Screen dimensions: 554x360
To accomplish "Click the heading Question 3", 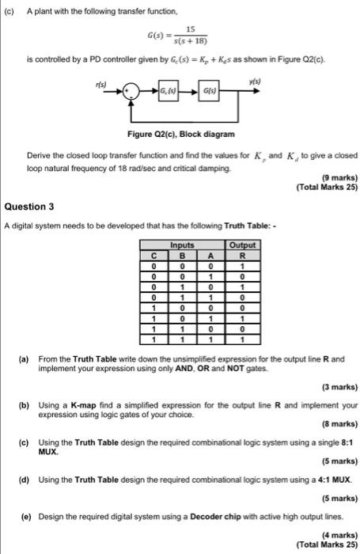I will tap(29, 206).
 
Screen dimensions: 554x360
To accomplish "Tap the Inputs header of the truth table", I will tap(182, 246).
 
